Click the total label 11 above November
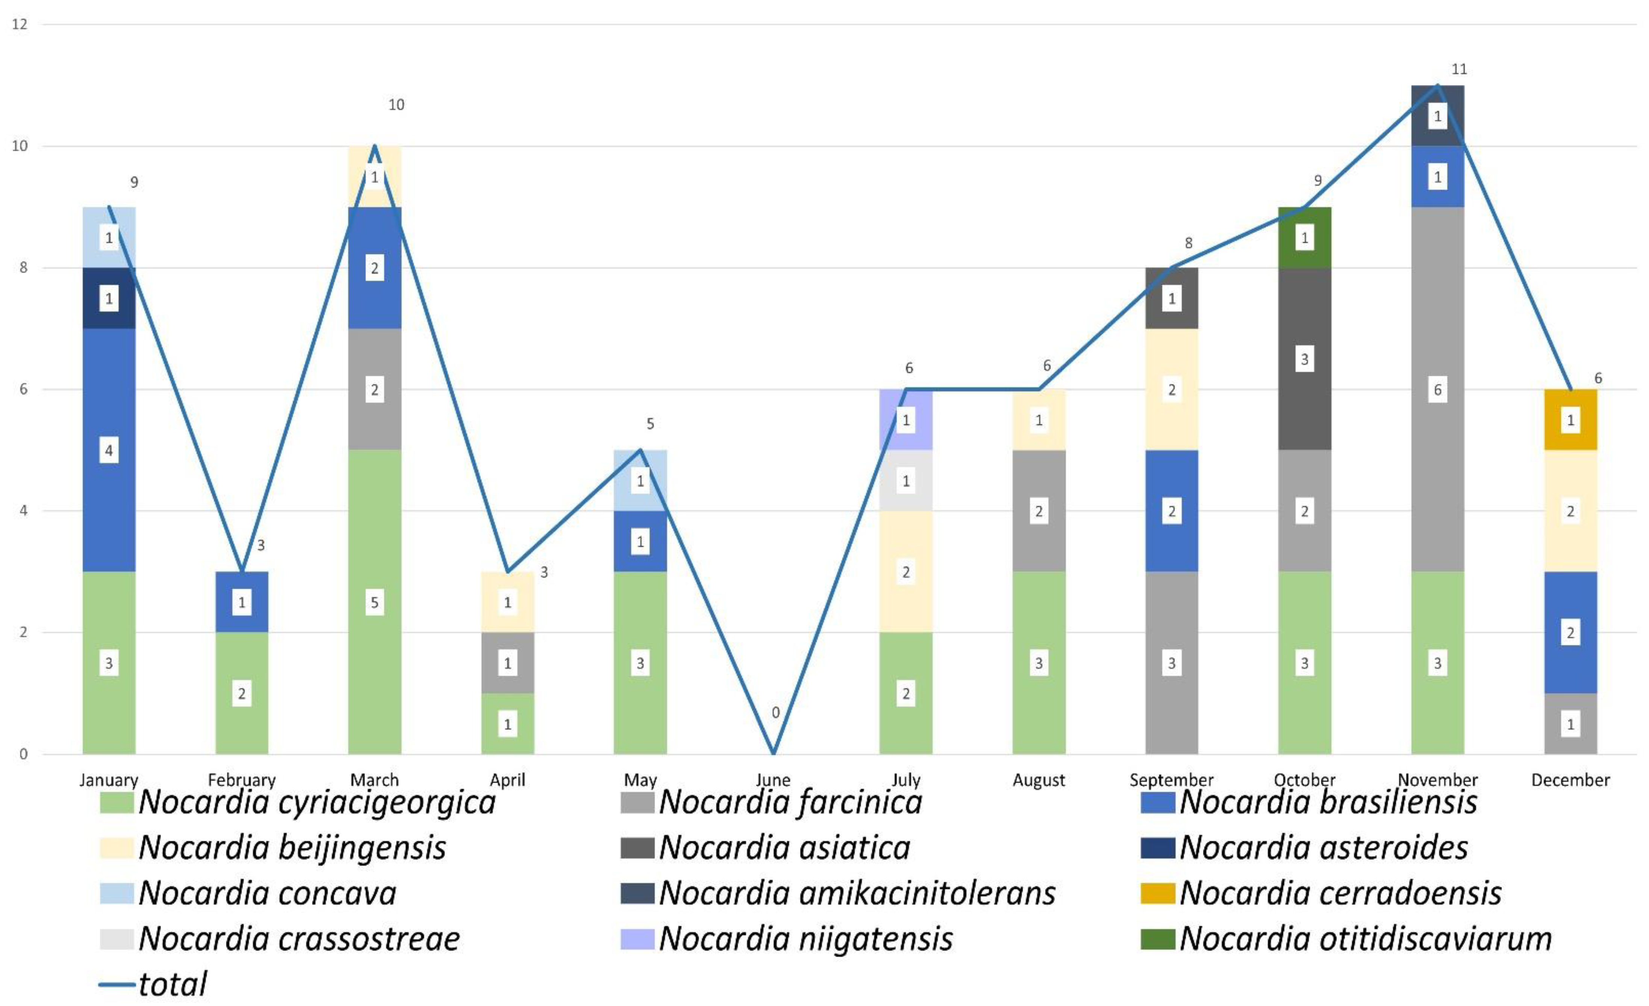coord(1459,69)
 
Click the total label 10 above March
coord(396,105)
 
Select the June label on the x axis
coord(773,780)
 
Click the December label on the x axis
coord(1570,780)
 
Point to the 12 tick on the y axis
coord(20,24)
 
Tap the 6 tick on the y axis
coord(23,389)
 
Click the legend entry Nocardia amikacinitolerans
coord(857,893)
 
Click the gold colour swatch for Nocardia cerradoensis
coord(1158,893)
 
